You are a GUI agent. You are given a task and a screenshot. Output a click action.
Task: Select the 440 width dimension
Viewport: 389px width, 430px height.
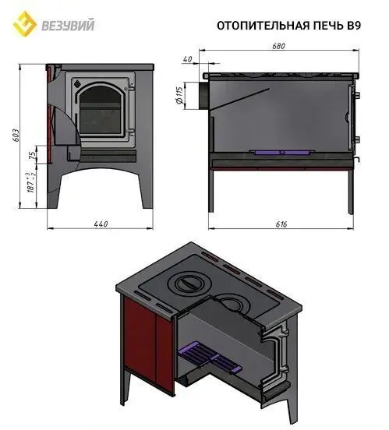[x=99, y=224]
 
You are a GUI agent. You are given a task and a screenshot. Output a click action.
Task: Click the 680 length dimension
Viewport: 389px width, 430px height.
[x=279, y=46]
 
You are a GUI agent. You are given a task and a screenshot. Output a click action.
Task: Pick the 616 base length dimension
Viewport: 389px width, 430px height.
[x=281, y=224]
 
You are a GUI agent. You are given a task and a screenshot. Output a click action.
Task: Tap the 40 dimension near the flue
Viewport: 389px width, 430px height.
[x=188, y=59]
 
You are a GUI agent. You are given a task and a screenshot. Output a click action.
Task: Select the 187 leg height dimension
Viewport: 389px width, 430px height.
[x=30, y=186]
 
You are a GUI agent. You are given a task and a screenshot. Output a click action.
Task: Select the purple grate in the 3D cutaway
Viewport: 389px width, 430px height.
[x=207, y=358]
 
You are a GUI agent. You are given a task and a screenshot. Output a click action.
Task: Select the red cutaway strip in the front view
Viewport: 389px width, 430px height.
[x=51, y=117]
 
